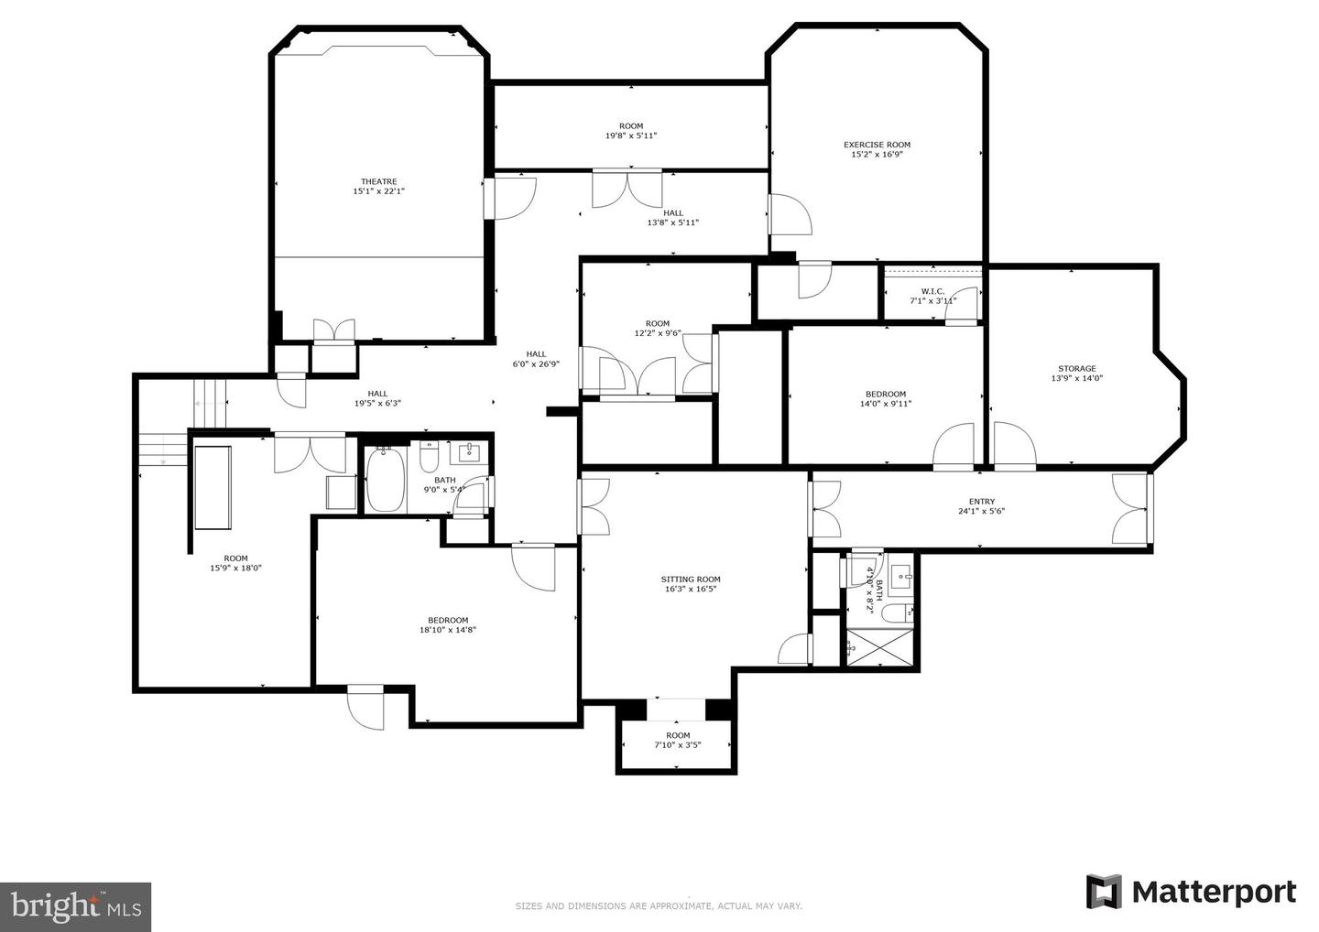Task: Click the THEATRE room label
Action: click(378, 181)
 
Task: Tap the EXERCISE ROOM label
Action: click(877, 145)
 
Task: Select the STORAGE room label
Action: click(1076, 368)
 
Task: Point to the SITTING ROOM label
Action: click(691, 579)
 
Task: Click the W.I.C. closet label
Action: click(932, 291)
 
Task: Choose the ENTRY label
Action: click(981, 501)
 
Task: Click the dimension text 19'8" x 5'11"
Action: click(630, 136)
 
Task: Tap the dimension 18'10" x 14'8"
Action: click(448, 630)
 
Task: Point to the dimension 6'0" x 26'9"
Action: click(536, 363)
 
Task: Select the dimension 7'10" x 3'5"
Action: click(678, 745)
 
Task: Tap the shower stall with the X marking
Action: click(879, 647)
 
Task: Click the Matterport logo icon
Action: click(1104, 892)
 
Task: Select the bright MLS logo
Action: click(75, 907)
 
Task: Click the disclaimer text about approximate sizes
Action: click(659, 906)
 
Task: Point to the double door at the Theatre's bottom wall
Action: click(332, 331)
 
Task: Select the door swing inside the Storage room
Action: click(1014, 447)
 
